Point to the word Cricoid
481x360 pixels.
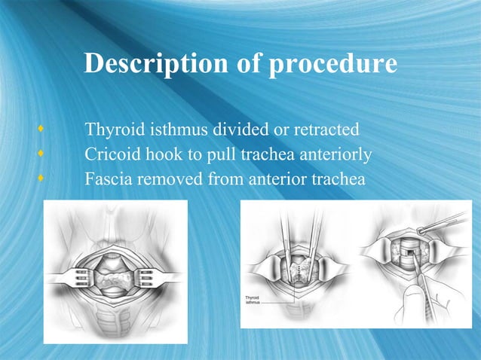coord(110,156)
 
